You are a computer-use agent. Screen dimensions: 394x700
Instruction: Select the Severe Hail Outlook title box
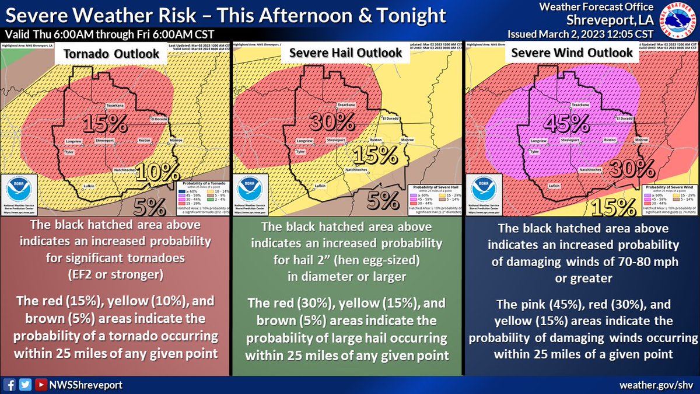[x=345, y=53]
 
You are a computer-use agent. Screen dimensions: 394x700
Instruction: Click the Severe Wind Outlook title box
[x=572, y=53]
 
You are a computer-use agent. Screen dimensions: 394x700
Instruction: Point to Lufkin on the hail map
[x=320, y=186]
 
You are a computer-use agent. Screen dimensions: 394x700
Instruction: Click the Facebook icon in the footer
[x=10, y=384]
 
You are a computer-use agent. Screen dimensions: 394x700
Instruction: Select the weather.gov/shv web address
[x=661, y=384]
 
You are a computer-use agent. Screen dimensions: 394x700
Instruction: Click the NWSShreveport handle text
[x=78, y=384]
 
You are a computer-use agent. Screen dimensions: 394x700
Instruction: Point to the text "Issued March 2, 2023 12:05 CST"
[x=585, y=33]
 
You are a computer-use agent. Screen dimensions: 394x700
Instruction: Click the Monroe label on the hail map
[x=407, y=141]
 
